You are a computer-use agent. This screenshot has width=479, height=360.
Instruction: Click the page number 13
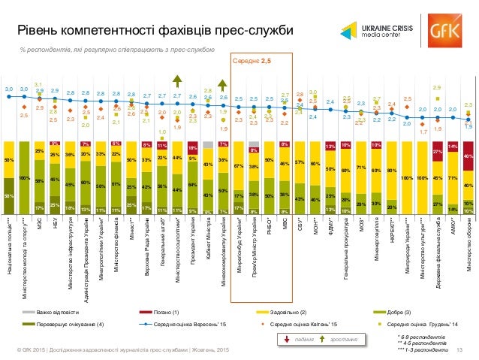(458, 350)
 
